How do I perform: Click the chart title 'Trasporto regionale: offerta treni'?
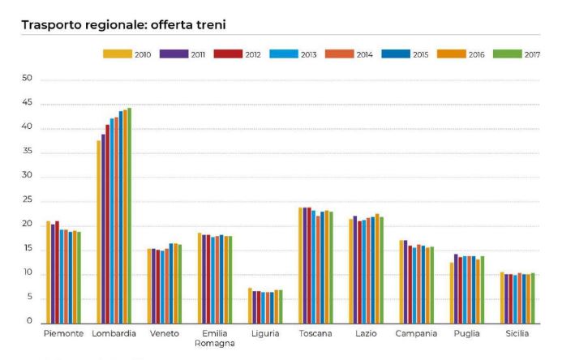pyautogui.click(x=123, y=25)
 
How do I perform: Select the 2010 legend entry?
pyautogui.click(x=128, y=54)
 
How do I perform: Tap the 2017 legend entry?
pyautogui.click(x=514, y=54)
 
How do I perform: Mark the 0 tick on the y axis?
pyautogui.click(x=29, y=322)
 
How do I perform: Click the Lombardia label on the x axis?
pyautogui.click(x=114, y=334)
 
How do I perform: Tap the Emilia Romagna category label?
pyautogui.click(x=214, y=338)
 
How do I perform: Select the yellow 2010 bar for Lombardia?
pyautogui.click(x=99, y=231)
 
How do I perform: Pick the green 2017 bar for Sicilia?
pyautogui.click(x=532, y=298)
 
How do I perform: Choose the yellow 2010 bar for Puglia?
pyautogui.click(x=452, y=292)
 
